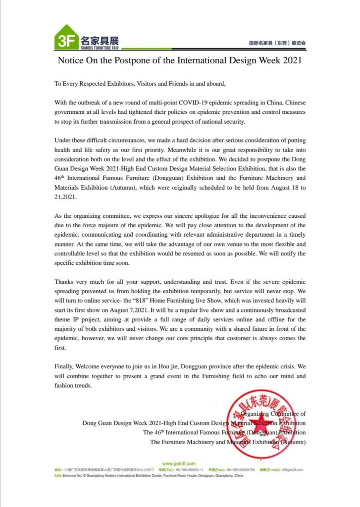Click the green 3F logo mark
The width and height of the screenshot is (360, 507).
[x=66, y=38]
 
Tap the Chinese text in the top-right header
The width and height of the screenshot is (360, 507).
[x=277, y=44]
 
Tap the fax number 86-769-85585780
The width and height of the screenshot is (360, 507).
[x=241, y=469]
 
